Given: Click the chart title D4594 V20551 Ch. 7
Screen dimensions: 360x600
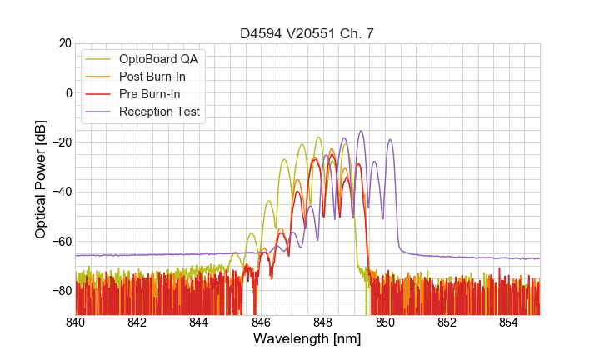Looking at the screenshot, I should pyautogui.click(x=307, y=33).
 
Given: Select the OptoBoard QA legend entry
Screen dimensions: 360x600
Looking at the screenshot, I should pyautogui.click(x=158, y=59).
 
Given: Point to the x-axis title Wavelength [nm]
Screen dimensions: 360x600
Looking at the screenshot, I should pyautogui.click(x=307, y=340).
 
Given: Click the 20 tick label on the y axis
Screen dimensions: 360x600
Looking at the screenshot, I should pyautogui.click(x=64, y=43).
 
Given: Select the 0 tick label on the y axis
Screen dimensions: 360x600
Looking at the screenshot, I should pyautogui.click(x=67, y=92).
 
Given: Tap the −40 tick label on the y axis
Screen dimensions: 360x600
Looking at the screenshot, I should pyautogui.click(x=60, y=192).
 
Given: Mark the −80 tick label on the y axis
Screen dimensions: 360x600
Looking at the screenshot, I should pyautogui.click(x=60, y=291).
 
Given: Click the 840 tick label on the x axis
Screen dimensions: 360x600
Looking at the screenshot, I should pyautogui.click(x=76, y=322).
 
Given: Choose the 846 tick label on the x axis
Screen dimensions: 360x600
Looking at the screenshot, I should pyautogui.click(x=262, y=322).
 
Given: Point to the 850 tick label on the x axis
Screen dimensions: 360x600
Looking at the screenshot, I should pyautogui.click(x=385, y=322).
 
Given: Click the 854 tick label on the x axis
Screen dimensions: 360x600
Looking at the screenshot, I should pyautogui.click(x=509, y=322).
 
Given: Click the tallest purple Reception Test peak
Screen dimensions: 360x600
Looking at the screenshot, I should pyautogui.click(x=361, y=132).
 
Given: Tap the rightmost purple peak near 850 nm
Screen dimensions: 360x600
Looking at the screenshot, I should pyautogui.click(x=389, y=141).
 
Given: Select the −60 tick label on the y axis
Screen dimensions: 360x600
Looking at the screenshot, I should pyautogui.click(x=60, y=242).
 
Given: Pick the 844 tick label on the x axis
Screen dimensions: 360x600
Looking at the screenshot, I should pyautogui.click(x=199, y=322).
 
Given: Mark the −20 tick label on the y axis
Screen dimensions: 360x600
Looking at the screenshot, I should pyautogui.click(x=60, y=142).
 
